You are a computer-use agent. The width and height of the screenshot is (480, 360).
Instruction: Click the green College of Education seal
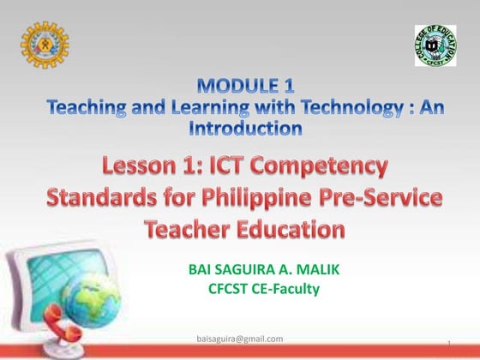click(435, 45)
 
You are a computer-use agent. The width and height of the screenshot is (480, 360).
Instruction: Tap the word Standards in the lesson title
click(104, 198)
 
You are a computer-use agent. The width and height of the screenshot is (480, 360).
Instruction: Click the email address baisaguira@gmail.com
click(239, 339)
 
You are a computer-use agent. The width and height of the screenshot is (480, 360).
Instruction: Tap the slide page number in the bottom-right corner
click(449, 344)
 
